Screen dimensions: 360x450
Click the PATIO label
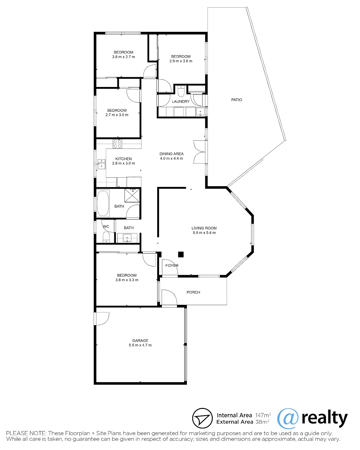(236, 100)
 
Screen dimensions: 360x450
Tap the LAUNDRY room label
(181, 101)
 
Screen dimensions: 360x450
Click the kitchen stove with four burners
(117, 144)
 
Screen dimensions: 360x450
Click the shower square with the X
(132, 195)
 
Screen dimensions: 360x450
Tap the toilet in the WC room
(106, 237)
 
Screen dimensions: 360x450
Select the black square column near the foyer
(181, 254)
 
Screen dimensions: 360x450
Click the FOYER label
(172, 265)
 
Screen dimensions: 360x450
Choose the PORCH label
(193, 292)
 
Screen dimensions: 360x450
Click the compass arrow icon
(202, 418)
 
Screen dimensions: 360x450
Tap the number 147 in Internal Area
(259, 415)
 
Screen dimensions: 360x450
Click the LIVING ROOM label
(204, 228)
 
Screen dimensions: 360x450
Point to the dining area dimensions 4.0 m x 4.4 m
(171, 158)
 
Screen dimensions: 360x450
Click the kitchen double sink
(101, 164)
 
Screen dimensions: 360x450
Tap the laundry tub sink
(200, 112)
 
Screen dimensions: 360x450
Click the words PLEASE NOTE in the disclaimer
(26, 433)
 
